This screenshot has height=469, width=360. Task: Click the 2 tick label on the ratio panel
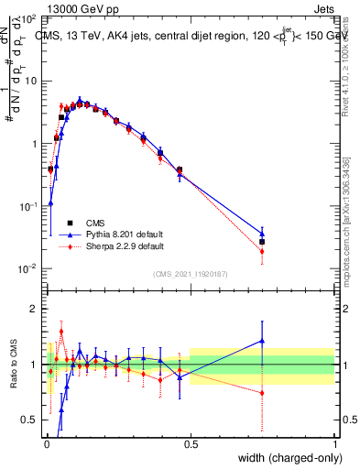(x=33, y=309)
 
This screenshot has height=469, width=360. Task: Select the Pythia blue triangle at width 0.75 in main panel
(x=262, y=234)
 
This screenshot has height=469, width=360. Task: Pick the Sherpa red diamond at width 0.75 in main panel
(x=262, y=251)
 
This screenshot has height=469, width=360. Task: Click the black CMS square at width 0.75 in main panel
(x=262, y=242)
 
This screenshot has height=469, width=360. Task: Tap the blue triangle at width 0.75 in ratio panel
(x=262, y=341)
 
